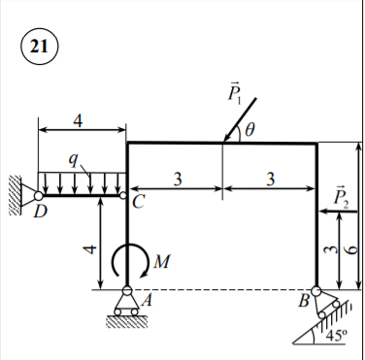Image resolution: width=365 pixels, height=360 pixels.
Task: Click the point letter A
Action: [x=147, y=301]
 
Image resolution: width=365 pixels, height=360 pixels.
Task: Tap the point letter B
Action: [x=304, y=302]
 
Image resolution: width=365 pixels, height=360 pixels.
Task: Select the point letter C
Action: [x=137, y=202]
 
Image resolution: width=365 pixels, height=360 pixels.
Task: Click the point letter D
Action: [x=39, y=212]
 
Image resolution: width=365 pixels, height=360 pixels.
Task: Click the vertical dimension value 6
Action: [x=352, y=248]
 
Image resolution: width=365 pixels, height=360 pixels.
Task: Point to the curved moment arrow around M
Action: [x=127, y=259]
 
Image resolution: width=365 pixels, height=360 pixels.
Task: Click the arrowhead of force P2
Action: [x=321, y=207]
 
